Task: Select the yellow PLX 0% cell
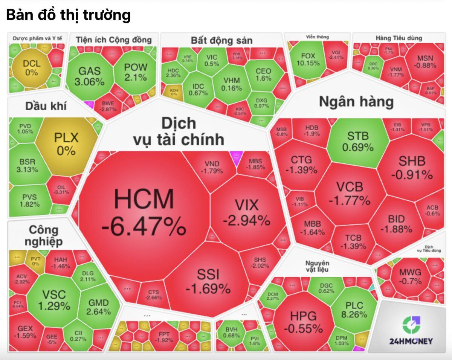[66, 144]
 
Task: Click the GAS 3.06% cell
[89, 75]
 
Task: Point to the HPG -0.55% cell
[303, 322]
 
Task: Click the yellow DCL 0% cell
[32, 68]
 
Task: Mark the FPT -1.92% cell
[164, 336]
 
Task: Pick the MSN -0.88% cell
[425, 62]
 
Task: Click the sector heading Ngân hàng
[356, 102]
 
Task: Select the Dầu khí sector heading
[46, 106]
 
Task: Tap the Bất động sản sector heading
[221, 40]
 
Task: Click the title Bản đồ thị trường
[68, 15]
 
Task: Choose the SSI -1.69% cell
[208, 281]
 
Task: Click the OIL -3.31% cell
[61, 189]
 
